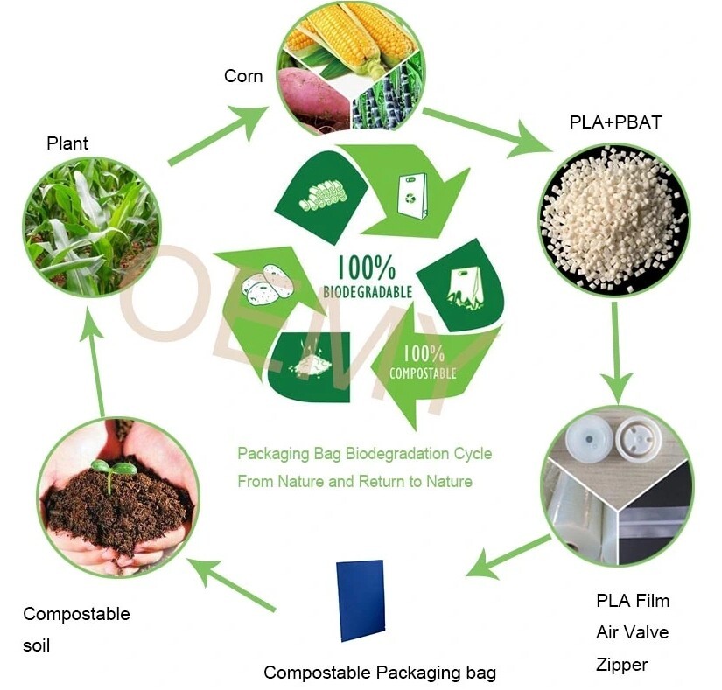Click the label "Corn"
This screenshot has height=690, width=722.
coord(243,76)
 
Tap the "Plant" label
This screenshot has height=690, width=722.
coord(67,143)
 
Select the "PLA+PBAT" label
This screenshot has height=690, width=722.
coord(615,122)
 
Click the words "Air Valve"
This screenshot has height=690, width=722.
coord(632,632)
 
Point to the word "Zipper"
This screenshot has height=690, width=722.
coord(621,665)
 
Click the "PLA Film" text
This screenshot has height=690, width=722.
coord(633,600)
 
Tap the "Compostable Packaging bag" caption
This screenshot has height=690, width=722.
coord(380,673)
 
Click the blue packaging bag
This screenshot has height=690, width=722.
coord(361,600)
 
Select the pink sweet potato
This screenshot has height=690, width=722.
coord(313,98)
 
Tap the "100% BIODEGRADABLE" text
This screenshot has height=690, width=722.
coord(368,277)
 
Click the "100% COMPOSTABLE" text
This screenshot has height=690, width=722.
coord(424,362)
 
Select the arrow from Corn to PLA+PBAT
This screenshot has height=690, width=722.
coord(487,130)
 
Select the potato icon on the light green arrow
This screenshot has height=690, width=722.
coord(267,285)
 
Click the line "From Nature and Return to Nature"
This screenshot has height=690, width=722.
coord(355,482)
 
